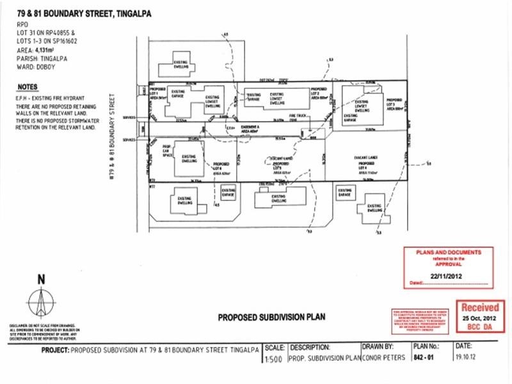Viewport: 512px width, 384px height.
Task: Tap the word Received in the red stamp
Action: pos(479,308)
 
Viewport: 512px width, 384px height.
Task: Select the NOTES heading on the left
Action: pos(28,86)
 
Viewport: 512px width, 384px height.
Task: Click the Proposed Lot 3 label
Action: pos(394,104)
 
